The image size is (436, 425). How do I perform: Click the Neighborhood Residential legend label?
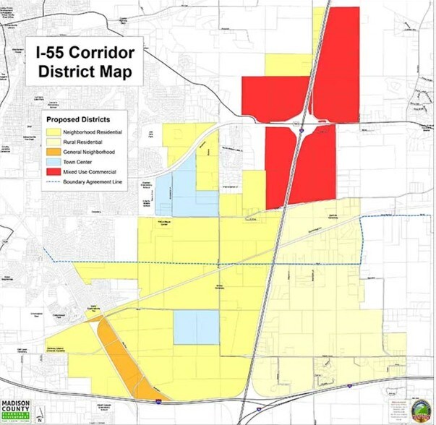pos(93,133)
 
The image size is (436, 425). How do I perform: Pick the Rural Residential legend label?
pos(86,143)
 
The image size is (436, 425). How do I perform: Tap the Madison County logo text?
pos(20,406)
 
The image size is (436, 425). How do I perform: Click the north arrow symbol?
pos(40,413)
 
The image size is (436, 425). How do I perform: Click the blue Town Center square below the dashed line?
pos(195,327)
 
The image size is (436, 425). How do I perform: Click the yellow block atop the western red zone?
pos(289,64)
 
